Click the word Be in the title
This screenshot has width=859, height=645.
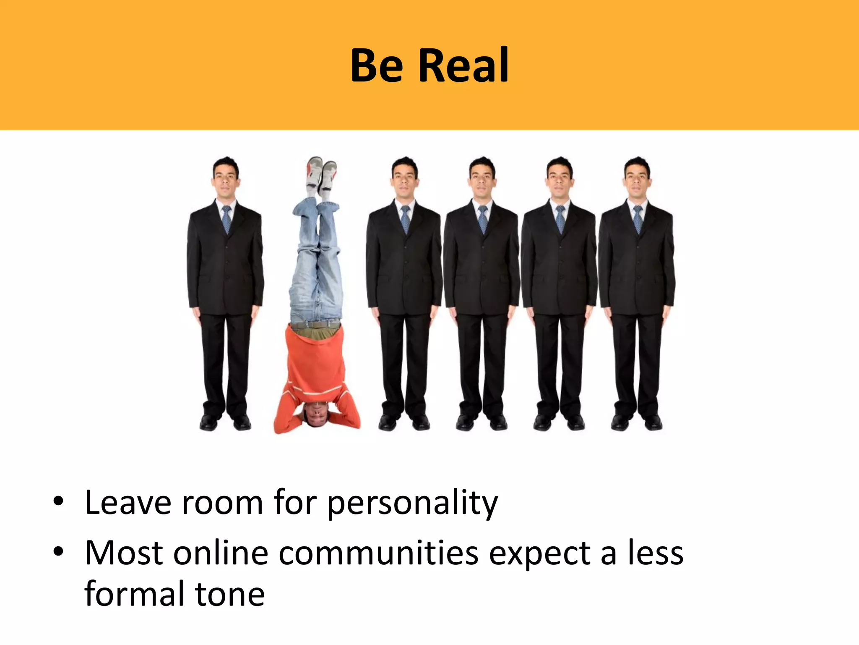pos(377,66)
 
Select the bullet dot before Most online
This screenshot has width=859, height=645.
pos(58,551)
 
